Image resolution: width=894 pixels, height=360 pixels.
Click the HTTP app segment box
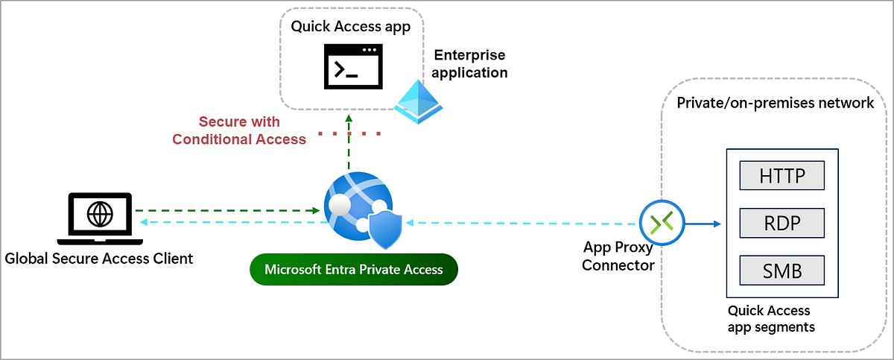pyautogui.click(x=782, y=176)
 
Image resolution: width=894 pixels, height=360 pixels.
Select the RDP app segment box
pyautogui.click(x=782, y=223)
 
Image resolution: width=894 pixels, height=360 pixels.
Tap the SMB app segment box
pyautogui.click(x=782, y=270)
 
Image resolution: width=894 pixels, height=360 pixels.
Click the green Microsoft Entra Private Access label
pyautogui.click(x=354, y=269)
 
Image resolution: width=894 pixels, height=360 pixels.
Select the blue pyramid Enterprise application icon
pyautogui.click(x=418, y=102)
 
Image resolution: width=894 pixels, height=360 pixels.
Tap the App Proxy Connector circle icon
pyautogui.click(x=661, y=222)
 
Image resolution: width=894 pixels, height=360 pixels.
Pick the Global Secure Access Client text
pyautogui.click(x=99, y=259)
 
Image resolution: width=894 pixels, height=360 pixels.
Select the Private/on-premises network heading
pyautogui.click(x=775, y=103)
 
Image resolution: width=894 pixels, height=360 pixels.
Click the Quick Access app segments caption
pyautogui.click(x=770, y=319)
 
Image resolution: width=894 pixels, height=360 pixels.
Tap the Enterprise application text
pyautogui.click(x=469, y=64)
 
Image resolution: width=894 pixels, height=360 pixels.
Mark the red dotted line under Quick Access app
pyautogui.click(x=349, y=134)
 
